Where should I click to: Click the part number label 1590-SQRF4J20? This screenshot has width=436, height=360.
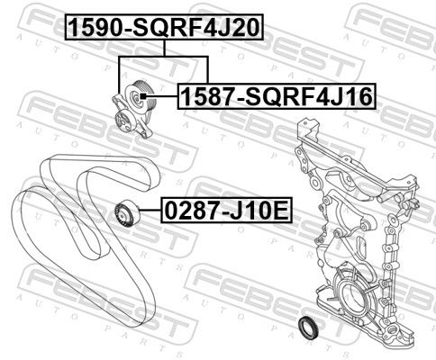164,27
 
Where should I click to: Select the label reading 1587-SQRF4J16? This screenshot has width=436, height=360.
277,96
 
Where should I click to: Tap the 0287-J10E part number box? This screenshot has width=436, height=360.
226,211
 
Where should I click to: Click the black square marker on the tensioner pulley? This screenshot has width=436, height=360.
143,96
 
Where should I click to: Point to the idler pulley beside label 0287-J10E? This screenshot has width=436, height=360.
127,213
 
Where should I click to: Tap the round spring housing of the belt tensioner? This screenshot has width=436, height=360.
123,121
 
